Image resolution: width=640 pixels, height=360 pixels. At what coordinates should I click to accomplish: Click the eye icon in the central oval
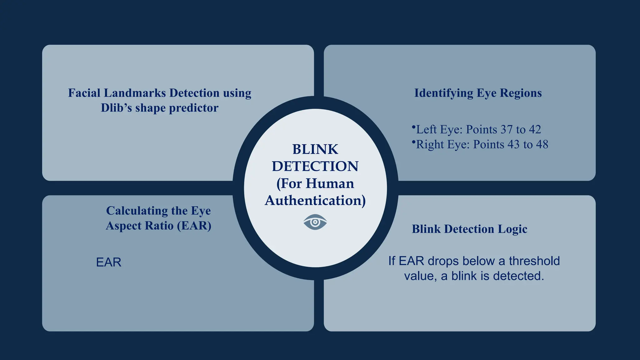point(315,222)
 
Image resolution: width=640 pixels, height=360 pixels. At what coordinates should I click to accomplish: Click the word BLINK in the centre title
point(315,149)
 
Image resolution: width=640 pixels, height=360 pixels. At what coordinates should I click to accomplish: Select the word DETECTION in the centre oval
point(315,166)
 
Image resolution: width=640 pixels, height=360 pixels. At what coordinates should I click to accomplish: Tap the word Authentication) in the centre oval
point(315,200)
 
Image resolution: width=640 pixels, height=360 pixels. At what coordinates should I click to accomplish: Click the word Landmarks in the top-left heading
point(135,93)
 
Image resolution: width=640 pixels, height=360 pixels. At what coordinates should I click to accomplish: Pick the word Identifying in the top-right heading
point(443,93)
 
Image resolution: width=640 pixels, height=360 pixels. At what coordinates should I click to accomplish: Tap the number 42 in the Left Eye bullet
point(535,129)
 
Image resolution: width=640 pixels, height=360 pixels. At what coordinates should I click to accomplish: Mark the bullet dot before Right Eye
point(414,142)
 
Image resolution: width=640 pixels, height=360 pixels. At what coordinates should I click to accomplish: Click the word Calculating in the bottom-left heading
point(135,211)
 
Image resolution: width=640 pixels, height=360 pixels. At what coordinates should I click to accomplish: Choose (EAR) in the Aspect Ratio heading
point(194,226)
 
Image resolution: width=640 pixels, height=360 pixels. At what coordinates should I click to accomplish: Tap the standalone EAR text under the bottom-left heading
point(108,262)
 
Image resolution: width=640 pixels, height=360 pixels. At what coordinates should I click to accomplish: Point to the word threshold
point(534,261)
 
